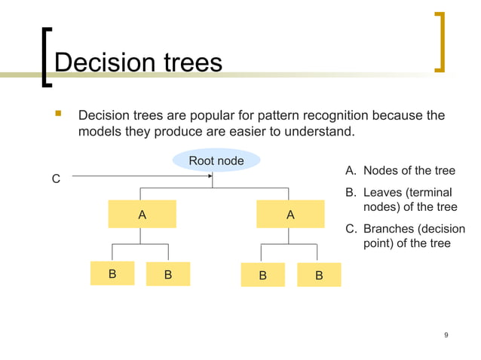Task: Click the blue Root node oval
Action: coord(216,160)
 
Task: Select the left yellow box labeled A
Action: coord(142,215)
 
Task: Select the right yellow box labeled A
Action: coord(290,215)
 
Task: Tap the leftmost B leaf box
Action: coord(112,274)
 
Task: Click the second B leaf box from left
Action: coord(168,275)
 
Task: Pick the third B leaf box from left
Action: coord(262,275)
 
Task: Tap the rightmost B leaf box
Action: coord(319,275)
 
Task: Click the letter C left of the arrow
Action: coord(55,179)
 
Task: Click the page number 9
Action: coord(446,334)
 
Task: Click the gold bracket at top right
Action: coord(439,41)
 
